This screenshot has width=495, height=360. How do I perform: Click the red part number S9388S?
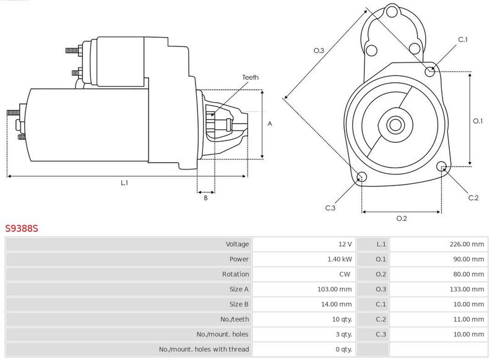(x=22, y=228)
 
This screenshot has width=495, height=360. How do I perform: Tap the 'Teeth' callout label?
(x=251, y=77)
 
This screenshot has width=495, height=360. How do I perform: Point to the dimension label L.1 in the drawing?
(x=124, y=182)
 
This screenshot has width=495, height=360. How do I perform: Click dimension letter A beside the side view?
(x=270, y=124)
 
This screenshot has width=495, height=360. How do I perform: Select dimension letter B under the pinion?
(x=205, y=198)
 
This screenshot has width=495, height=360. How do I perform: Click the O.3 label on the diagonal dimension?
(x=319, y=50)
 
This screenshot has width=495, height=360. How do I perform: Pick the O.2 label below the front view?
(x=402, y=218)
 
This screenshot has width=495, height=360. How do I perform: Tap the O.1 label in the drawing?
(x=478, y=121)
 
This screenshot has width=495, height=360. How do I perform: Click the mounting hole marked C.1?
(x=429, y=72)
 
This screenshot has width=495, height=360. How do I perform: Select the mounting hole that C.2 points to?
(x=441, y=166)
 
